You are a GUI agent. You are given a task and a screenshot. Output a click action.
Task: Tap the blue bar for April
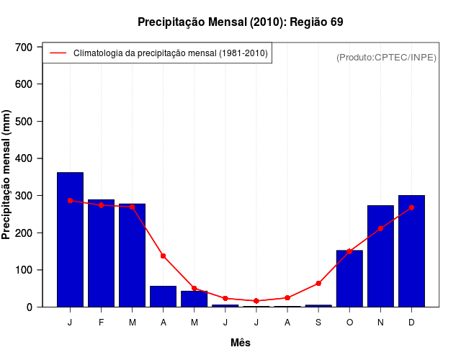[x=163, y=297]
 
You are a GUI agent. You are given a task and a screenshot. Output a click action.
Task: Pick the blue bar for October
[x=349, y=279]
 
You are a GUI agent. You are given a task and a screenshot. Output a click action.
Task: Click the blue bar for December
[x=411, y=251]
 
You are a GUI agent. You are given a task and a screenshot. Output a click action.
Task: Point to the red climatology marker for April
[x=163, y=256]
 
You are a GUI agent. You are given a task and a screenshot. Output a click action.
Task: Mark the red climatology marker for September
[x=318, y=284]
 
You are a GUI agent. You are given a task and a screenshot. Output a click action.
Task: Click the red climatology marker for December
[x=411, y=207]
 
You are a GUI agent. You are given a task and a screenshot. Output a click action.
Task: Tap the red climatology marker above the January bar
[x=70, y=200]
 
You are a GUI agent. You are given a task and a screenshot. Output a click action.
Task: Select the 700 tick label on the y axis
[x=24, y=48]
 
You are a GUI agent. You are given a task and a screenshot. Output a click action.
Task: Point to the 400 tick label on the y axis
[x=24, y=158]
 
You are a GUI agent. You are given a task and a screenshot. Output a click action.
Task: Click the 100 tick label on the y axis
[x=24, y=270]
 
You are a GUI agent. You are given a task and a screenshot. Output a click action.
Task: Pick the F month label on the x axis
[x=101, y=323]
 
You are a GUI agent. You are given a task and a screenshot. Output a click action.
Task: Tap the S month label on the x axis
[x=318, y=323]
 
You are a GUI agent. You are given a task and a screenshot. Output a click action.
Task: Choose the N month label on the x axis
[x=380, y=323]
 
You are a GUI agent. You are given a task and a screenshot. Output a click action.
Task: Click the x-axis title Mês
[x=241, y=343]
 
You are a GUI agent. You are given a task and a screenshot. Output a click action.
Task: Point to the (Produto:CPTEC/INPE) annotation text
[x=386, y=57]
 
